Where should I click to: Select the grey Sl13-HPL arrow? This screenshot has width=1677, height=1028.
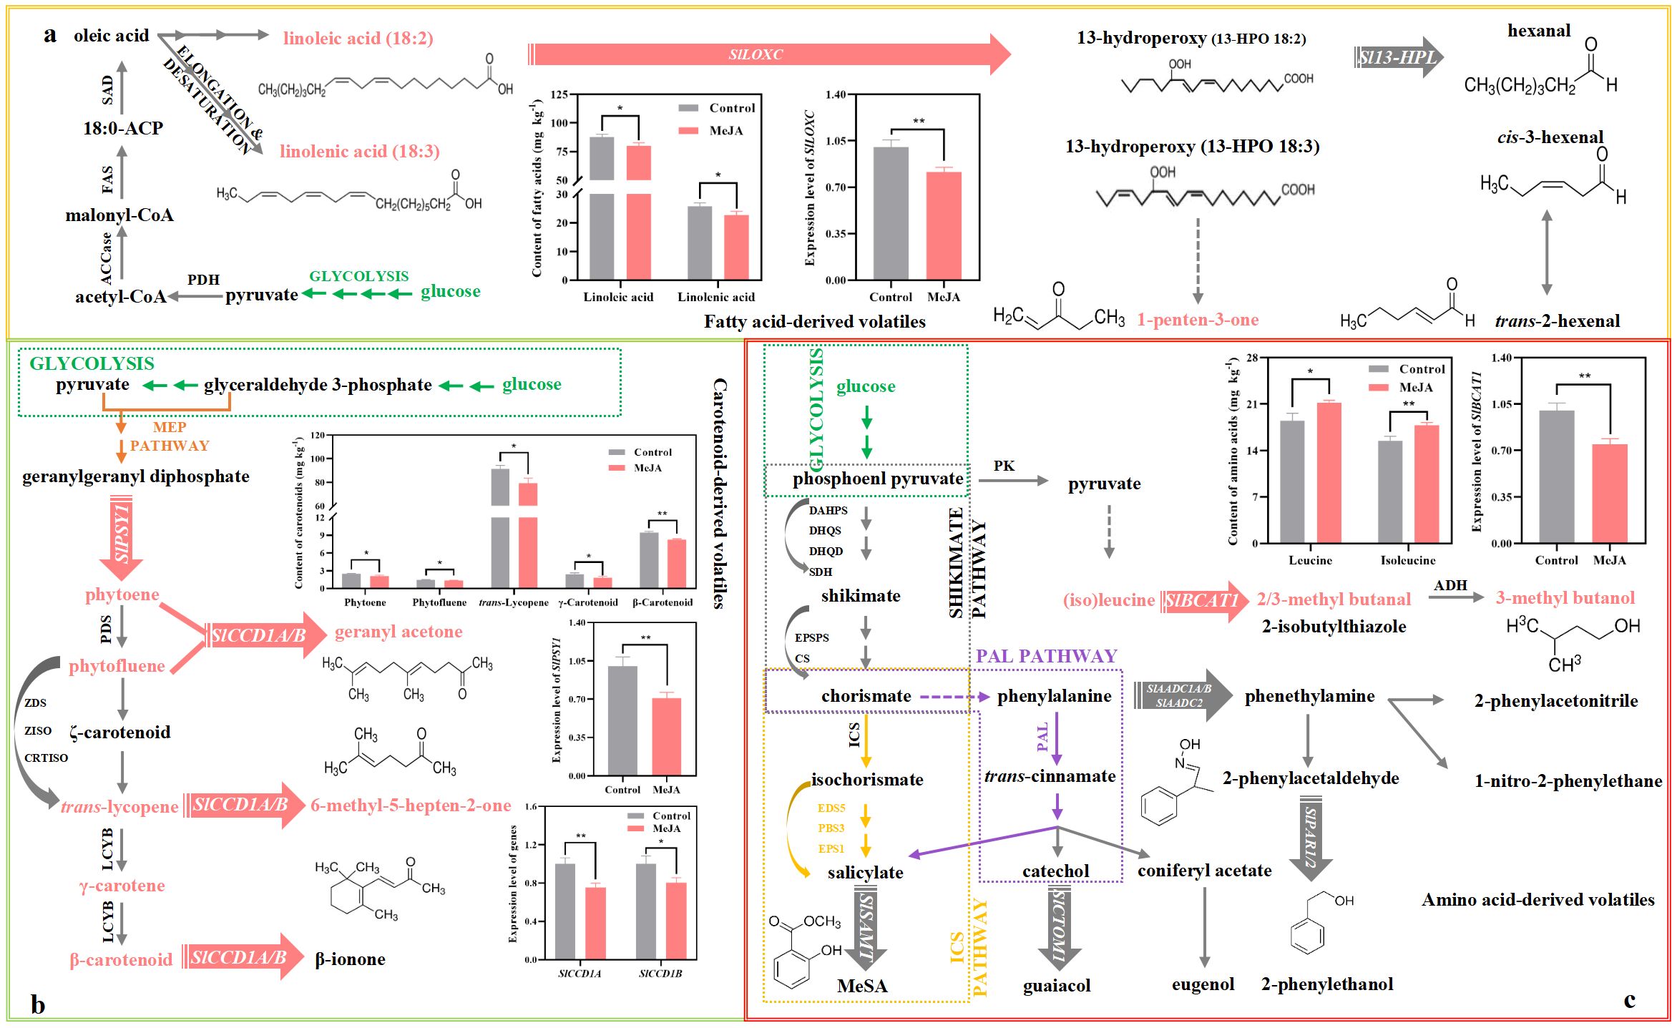pyautogui.click(x=1398, y=57)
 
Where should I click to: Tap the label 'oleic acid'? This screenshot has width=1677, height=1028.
pyautogui.click(x=111, y=36)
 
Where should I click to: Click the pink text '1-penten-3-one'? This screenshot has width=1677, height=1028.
pyautogui.click(x=1198, y=320)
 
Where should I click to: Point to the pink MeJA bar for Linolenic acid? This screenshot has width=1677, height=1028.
pyautogui.click(x=736, y=246)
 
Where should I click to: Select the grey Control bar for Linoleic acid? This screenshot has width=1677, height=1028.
pyautogui.click(x=602, y=207)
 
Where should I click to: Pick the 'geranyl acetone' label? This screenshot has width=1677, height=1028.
pyautogui.click(x=399, y=632)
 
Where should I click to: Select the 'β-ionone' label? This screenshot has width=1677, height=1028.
pyautogui.click(x=350, y=959)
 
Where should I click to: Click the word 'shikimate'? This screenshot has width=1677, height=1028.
pyautogui.click(x=861, y=596)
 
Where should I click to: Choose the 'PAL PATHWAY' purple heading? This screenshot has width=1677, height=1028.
pyautogui.click(x=1046, y=656)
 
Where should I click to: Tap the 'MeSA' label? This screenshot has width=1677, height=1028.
pyautogui.click(x=862, y=986)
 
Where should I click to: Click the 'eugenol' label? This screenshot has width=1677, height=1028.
pyautogui.click(x=1203, y=984)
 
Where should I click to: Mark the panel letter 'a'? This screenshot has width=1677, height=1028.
pyautogui.click(x=49, y=34)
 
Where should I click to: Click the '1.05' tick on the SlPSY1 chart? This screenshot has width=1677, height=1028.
pyautogui.click(x=577, y=661)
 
